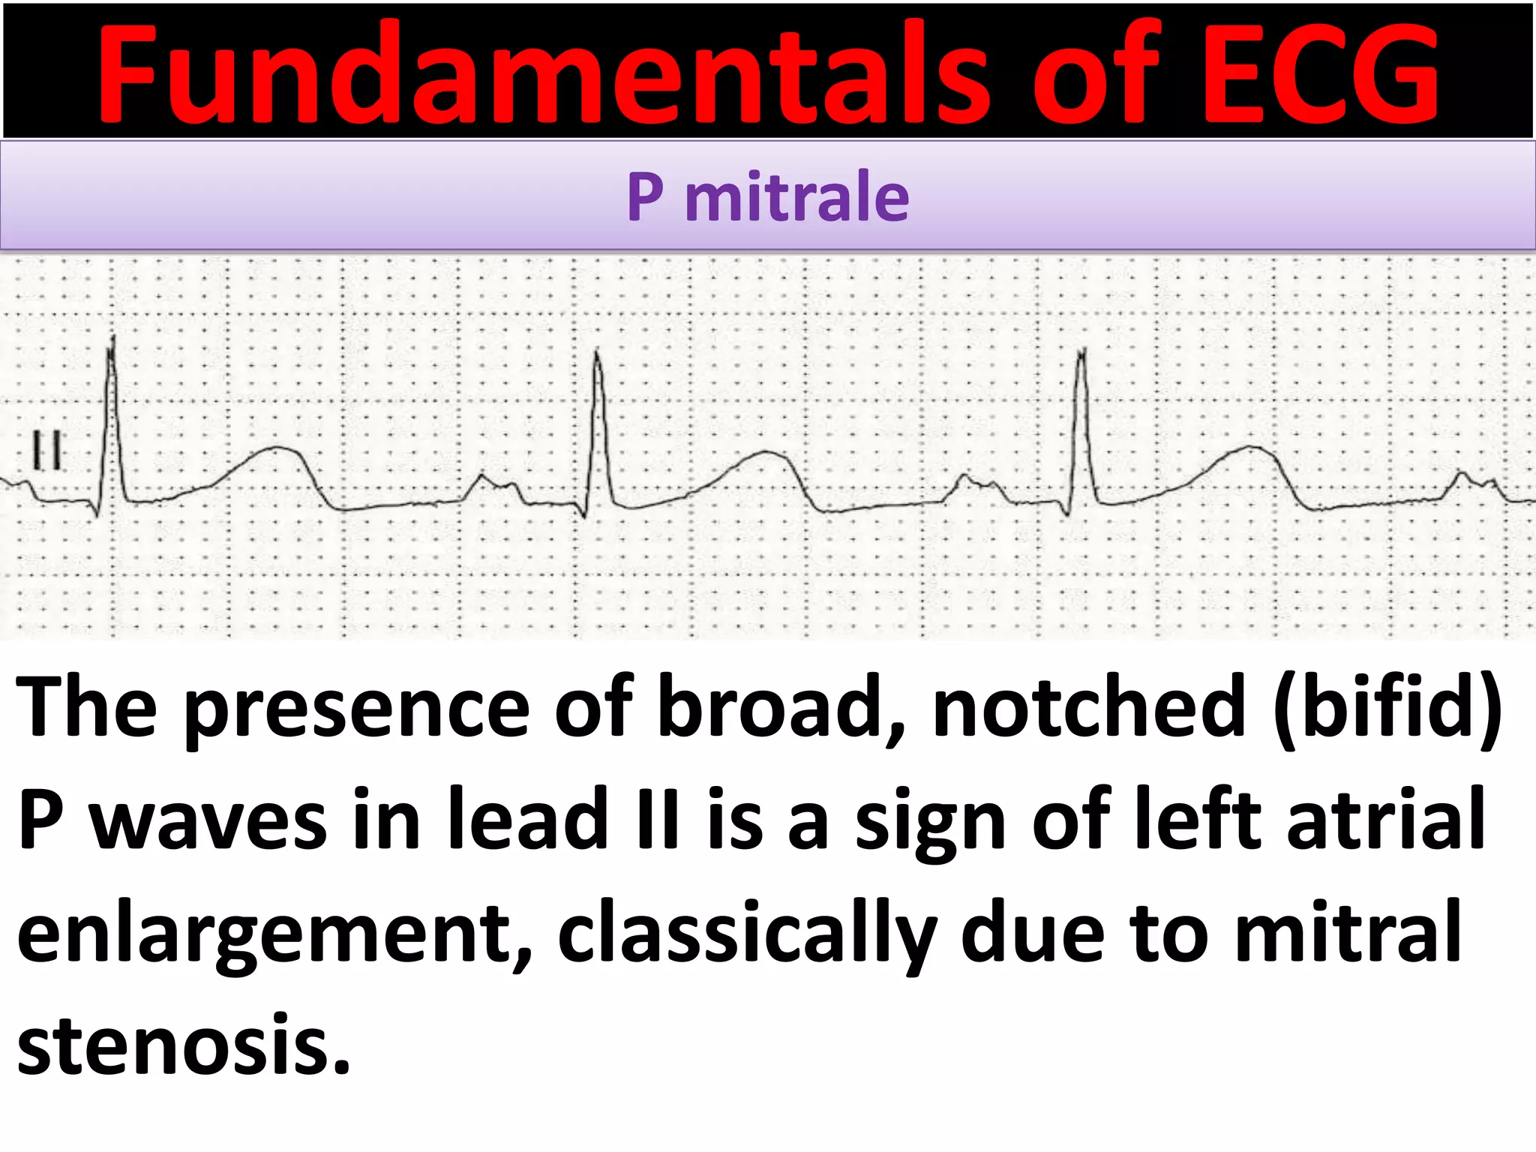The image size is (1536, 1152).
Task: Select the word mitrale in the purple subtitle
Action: (796, 197)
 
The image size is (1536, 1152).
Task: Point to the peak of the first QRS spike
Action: (112, 339)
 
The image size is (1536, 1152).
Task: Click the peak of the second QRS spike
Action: (597, 352)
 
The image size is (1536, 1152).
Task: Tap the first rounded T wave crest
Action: (277, 448)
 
